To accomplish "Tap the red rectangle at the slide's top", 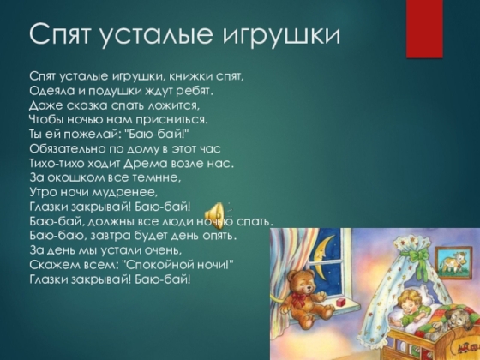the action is click(x=424, y=29).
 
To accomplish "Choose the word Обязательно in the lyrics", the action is click(x=68, y=149).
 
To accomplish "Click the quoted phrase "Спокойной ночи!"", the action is click(x=177, y=265).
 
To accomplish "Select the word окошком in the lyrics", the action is click(x=76, y=178).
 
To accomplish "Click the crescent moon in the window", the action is click(x=321, y=258).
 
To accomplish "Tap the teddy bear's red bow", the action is click(x=299, y=299).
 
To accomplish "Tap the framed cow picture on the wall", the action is click(x=452, y=261).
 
